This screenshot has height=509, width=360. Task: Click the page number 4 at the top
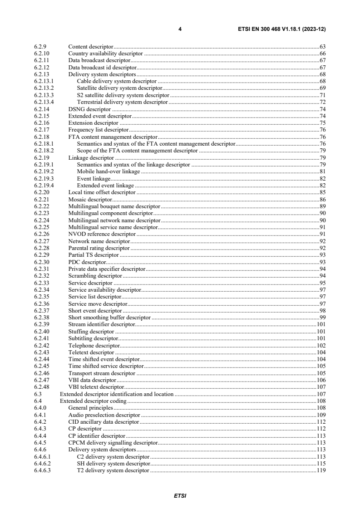coord(180,29)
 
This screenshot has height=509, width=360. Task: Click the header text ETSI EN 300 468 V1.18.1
coord(281,29)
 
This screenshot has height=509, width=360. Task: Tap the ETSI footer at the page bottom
coord(180,496)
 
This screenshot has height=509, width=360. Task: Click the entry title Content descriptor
coord(90,47)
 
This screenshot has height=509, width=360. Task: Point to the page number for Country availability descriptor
coord(323,53)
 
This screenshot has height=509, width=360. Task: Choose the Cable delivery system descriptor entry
coord(117,81)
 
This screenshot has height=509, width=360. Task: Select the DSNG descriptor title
coord(89,109)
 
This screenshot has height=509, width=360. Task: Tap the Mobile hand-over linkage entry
coord(108,172)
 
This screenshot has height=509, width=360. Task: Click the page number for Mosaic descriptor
coord(323,200)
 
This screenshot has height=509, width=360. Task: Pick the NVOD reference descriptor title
coord(95,234)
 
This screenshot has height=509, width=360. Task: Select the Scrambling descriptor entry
coord(95,276)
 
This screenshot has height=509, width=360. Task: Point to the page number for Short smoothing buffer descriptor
coord(323,318)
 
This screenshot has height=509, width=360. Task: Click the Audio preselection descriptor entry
coord(104,415)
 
